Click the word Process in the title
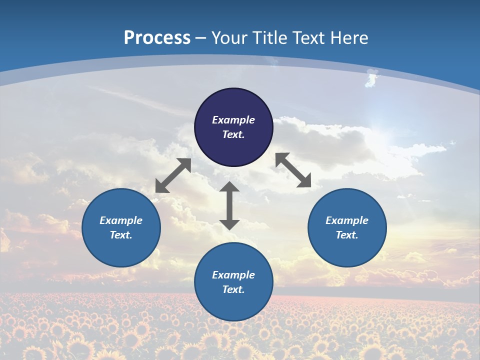click(157, 38)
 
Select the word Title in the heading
click(271, 38)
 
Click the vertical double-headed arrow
click(229, 205)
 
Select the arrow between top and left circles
click(173, 175)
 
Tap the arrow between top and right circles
click(293, 170)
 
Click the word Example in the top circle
click(233, 120)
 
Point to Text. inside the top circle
click(233, 134)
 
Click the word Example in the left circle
click(121, 220)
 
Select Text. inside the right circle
click(347, 235)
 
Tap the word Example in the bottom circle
click(233, 275)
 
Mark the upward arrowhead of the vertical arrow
click(229, 186)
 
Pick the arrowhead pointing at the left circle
click(161, 187)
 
